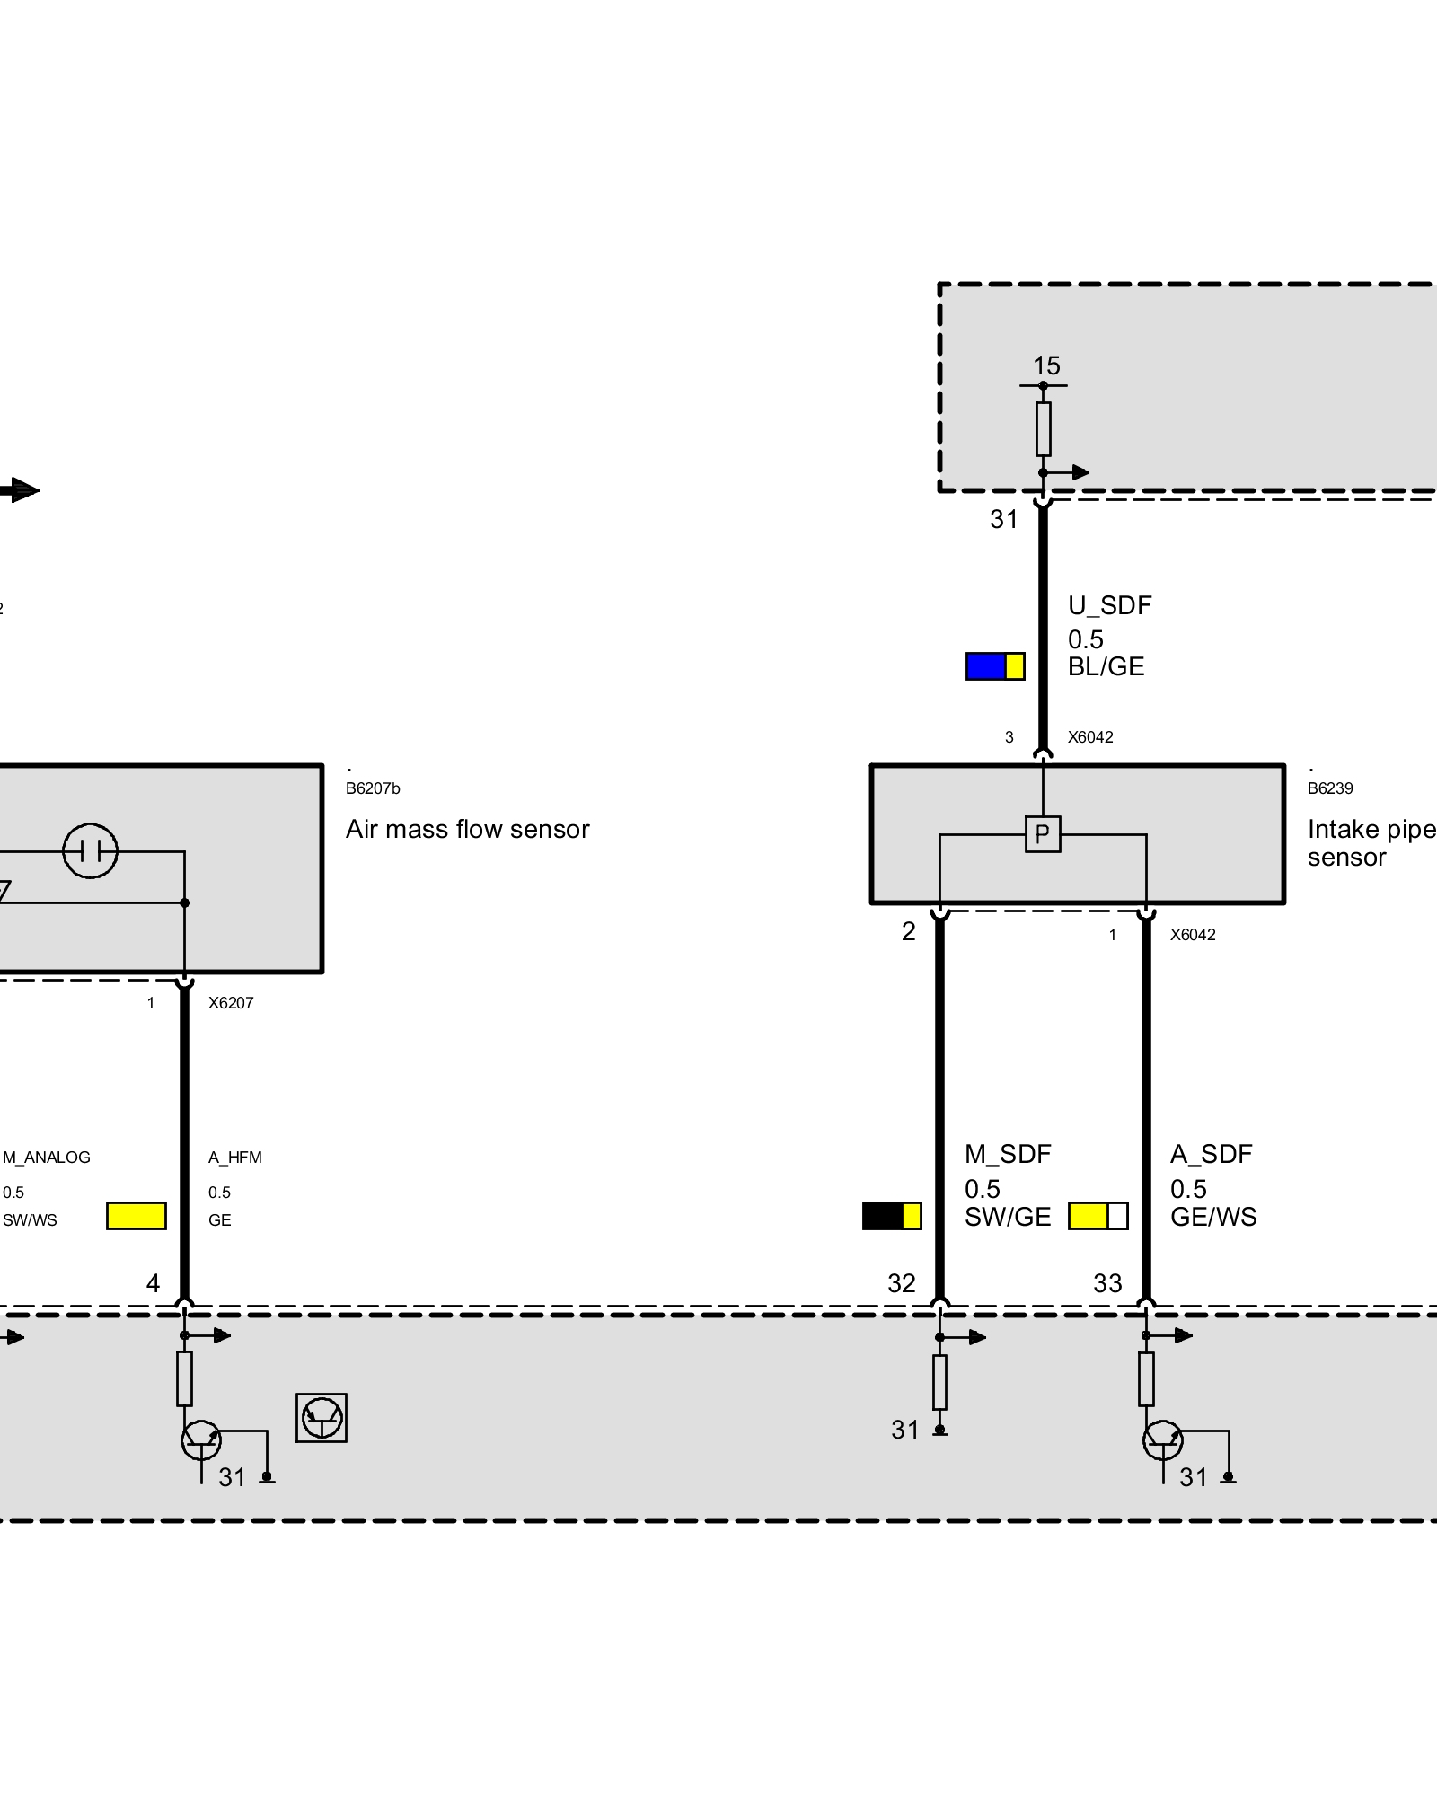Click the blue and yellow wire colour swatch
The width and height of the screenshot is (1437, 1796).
[x=995, y=665]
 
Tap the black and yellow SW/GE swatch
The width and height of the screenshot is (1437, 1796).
[x=892, y=1215]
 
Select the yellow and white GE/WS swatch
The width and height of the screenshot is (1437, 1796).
[x=1098, y=1215]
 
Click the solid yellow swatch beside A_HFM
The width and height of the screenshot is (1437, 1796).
[x=137, y=1215]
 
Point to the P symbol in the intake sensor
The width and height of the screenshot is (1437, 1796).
[x=1043, y=834]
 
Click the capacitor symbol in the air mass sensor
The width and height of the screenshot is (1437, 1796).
[x=90, y=850]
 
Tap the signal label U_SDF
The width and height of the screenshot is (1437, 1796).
[x=1109, y=605]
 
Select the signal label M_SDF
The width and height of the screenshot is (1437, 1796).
[x=1008, y=1154]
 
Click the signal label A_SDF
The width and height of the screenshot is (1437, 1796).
[x=1211, y=1154]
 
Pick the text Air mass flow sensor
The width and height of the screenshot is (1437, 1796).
[x=467, y=829]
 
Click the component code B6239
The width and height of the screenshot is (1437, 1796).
[x=1330, y=788]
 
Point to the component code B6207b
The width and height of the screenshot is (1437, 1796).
[x=373, y=788]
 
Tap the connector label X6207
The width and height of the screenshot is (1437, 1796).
[x=231, y=1003]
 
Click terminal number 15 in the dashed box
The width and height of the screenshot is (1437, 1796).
[x=1046, y=365]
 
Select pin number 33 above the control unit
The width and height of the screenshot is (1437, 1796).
[x=1107, y=1283]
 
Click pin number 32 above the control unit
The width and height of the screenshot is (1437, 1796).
[x=902, y=1283]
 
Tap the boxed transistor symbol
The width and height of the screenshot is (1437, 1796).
[x=322, y=1418]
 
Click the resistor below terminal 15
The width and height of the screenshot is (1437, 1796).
[x=1043, y=428]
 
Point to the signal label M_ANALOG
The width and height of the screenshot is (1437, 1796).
[x=47, y=1158]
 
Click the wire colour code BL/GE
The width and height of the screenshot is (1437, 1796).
[x=1106, y=666]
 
